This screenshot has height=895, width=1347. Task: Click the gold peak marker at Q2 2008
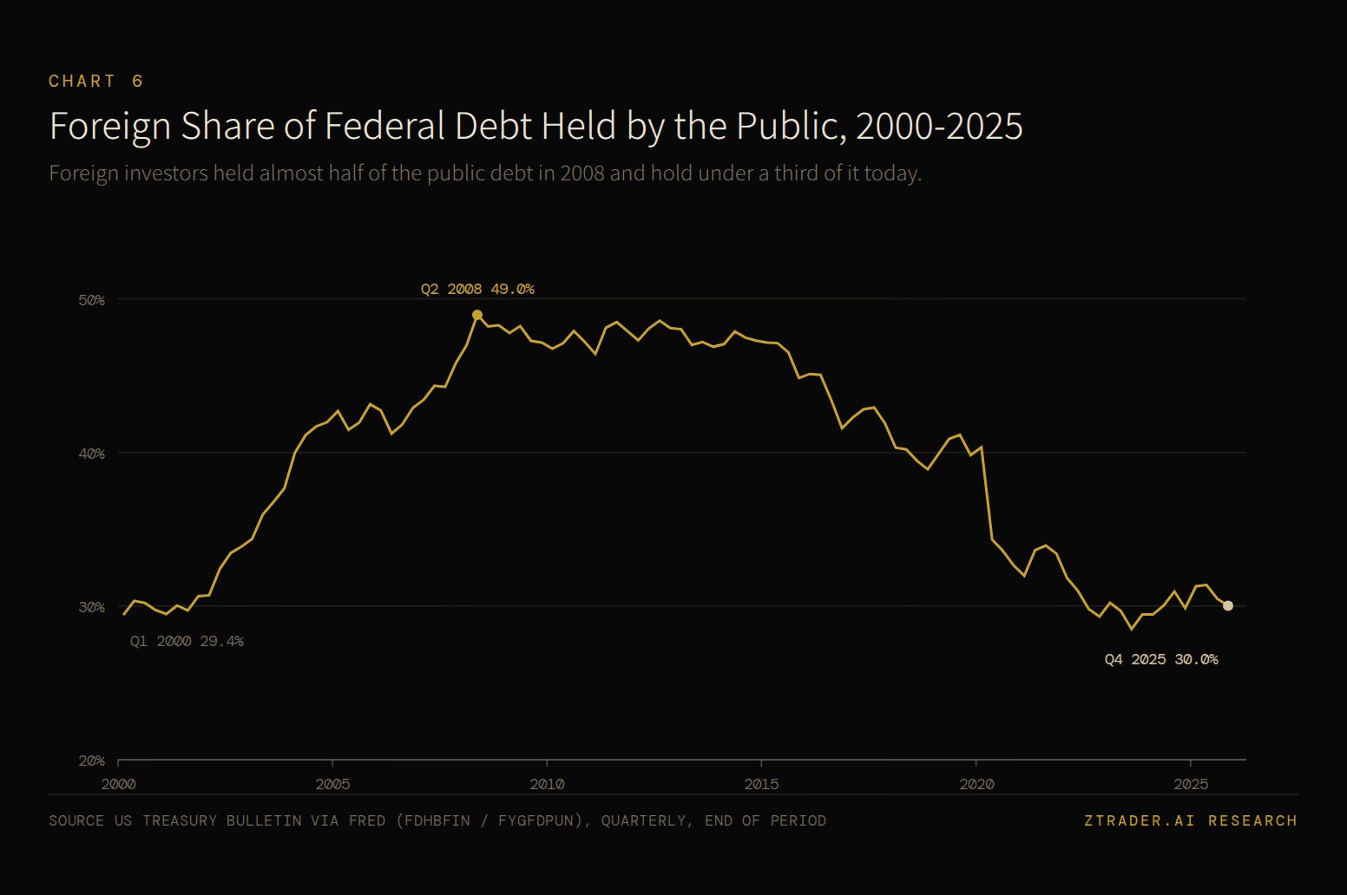coord(476,315)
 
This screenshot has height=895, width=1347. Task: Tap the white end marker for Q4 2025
coord(1228,606)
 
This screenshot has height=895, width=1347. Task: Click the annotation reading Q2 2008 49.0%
coord(477,289)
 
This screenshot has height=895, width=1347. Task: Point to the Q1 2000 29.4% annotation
coord(187,642)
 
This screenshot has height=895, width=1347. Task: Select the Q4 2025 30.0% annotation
coord(1161,659)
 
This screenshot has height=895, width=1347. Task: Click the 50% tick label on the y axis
coord(91,300)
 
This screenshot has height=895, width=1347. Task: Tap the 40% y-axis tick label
coord(91,454)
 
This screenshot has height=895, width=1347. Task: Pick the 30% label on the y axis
coord(91,607)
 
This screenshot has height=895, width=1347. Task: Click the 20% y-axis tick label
coord(91,761)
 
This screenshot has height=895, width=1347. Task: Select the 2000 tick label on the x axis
coord(118,784)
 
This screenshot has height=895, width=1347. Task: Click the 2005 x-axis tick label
coord(332,784)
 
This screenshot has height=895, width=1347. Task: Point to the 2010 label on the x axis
coord(547,784)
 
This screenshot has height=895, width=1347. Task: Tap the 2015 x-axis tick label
coord(761,784)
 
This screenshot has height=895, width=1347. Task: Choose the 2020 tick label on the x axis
coord(976,784)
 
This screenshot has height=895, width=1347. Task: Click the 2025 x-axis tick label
coord(1191,784)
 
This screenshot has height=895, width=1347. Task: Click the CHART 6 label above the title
coord(95,82)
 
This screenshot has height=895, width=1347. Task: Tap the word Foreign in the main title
coord(110,127)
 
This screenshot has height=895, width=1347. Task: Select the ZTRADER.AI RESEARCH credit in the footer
coord(1191,821)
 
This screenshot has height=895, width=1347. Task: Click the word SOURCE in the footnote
coord(76,821)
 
